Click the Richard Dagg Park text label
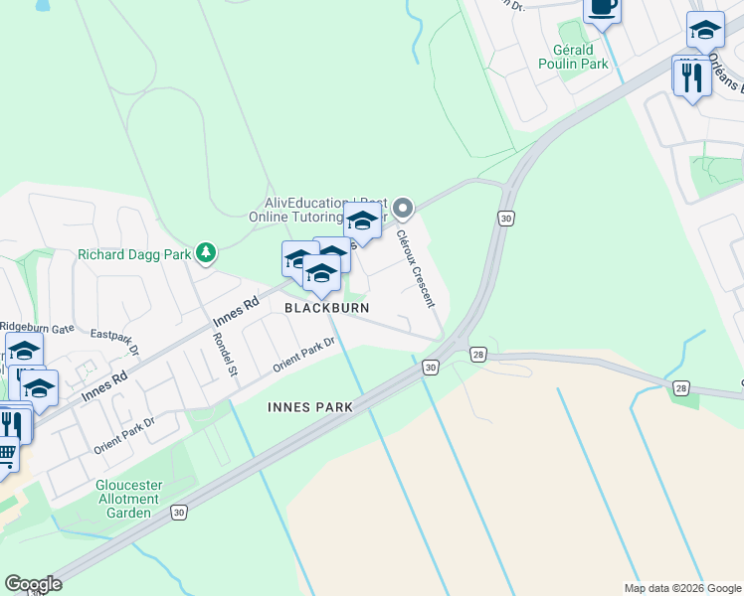(134, 254)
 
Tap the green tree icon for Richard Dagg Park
(206, 253)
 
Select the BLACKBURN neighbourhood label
(327, 308)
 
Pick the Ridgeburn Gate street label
(37, 326)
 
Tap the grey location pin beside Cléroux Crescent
(403, 209)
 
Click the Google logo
(33, 584)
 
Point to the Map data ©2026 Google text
(681, 588)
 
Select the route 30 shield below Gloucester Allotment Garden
(178, 513)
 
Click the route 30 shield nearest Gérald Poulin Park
(506, 219)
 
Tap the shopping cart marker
(6, 455)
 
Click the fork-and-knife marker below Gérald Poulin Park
(691, 76)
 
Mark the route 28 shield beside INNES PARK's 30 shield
(478, 355)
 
